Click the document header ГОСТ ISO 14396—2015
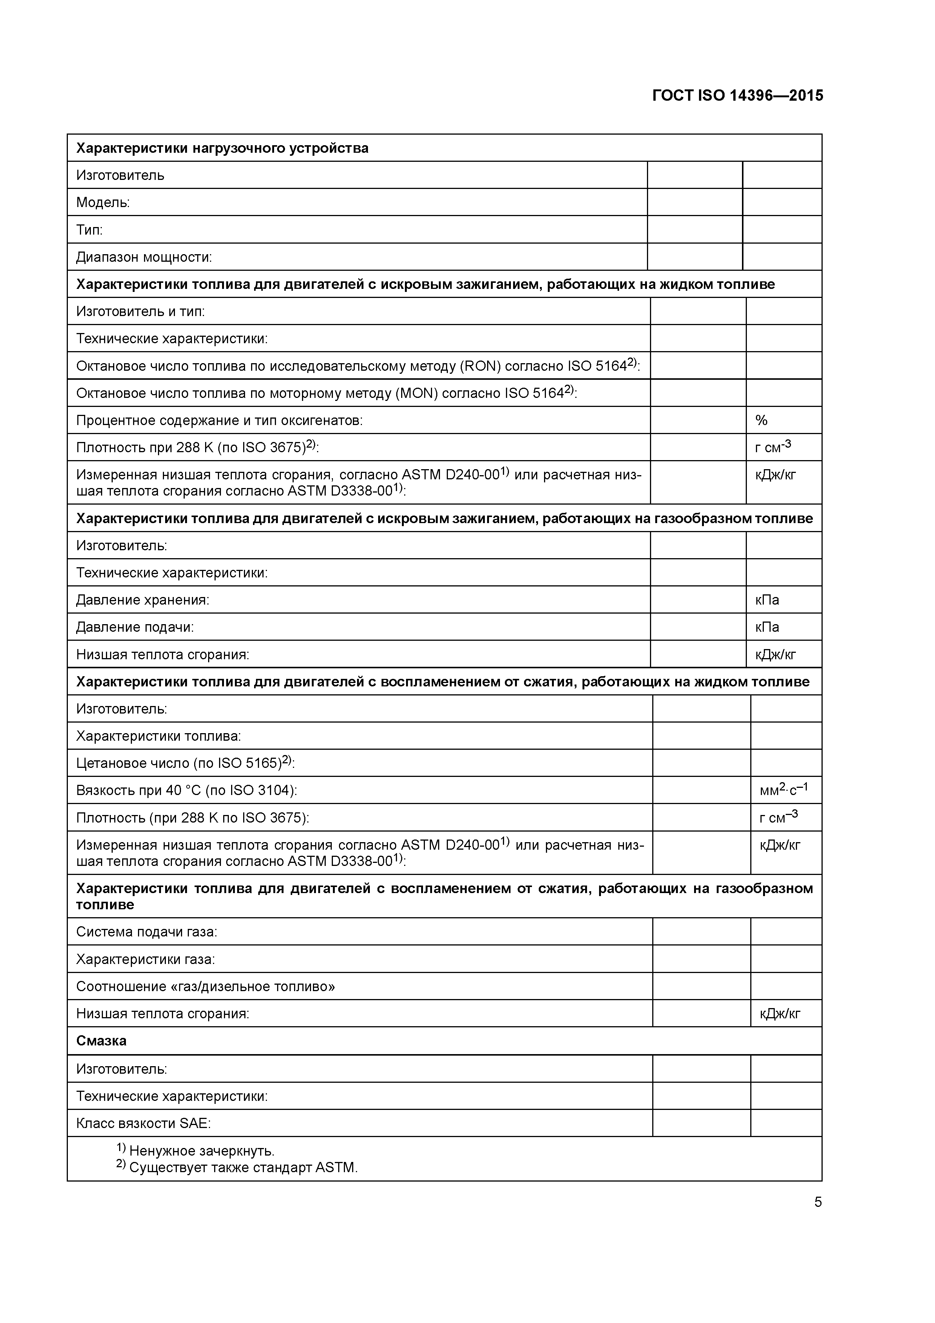[737, 96]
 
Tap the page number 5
[817, 1202]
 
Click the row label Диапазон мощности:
[144, 257]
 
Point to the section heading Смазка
[101, 1041]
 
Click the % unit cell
[761, 420]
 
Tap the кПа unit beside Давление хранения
[767, 600]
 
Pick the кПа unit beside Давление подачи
[767, 627]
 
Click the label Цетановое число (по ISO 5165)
[184, 763]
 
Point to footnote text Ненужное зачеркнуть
[201, 1151]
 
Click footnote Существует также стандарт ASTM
[242, 1167]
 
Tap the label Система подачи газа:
[146, 932]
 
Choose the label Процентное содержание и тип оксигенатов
[219, 420]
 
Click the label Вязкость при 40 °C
[186, 790]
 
